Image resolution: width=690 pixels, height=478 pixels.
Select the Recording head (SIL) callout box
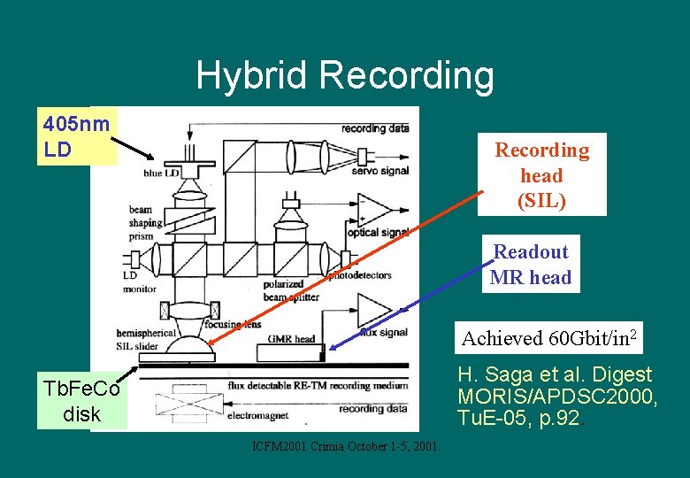click(541, 175)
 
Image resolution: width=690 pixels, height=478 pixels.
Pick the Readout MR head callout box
click(531, 265)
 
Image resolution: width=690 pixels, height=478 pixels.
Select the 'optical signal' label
click(376, 233)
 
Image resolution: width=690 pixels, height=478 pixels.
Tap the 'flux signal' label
click(384, 333)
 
